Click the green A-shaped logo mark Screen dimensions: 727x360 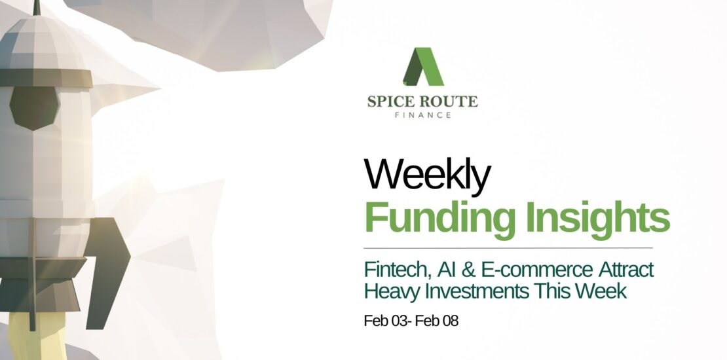423,67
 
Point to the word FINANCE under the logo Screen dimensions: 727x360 423,115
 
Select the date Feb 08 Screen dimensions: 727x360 437,321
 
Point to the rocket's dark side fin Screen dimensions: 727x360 107,269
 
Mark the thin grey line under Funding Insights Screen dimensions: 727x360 508,248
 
